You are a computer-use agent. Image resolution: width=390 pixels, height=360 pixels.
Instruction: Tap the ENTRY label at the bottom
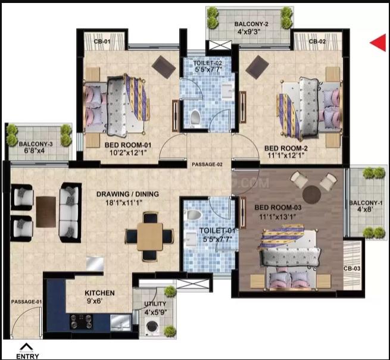point(27,356)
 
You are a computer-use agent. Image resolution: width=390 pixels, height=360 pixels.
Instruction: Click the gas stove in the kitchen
point(82,321)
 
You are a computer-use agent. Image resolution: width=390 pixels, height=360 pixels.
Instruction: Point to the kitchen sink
point(121,323)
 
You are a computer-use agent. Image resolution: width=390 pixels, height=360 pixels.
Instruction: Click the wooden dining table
point(150,236)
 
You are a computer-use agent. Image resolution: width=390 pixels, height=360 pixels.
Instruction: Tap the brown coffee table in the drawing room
point(46,212)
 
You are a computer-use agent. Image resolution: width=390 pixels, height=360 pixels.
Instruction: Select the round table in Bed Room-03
point(312,194)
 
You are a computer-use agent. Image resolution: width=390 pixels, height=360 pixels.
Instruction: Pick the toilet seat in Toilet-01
point(194,214)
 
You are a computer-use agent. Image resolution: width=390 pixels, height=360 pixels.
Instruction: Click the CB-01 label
point(102,42)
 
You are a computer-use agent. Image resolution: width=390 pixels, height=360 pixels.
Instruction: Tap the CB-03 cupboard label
point(352,268)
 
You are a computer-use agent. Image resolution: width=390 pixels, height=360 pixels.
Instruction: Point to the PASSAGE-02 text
point(207,164)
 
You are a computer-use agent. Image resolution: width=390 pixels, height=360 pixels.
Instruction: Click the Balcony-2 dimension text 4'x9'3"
point(251,32)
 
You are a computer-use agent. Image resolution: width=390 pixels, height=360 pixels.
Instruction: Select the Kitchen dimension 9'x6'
point(95,301)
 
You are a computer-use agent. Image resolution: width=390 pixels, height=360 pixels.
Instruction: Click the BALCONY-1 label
point(366,203)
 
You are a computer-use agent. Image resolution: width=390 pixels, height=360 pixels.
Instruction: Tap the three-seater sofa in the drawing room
point(70,212)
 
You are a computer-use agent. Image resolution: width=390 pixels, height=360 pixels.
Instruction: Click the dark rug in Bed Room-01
point(164,67)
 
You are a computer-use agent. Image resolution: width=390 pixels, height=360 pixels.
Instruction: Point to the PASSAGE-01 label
point(26,302)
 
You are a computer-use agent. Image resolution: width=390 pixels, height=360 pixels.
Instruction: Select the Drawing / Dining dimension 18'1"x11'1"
point(124,203)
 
